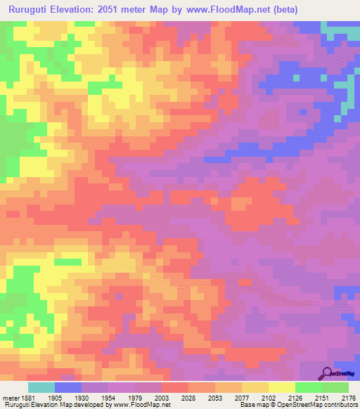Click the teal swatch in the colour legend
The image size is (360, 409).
click(41, 387)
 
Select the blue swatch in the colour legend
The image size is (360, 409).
click(68, 387)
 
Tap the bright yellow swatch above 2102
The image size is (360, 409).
click(281, 387)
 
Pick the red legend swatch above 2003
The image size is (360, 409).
click(175, 387)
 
